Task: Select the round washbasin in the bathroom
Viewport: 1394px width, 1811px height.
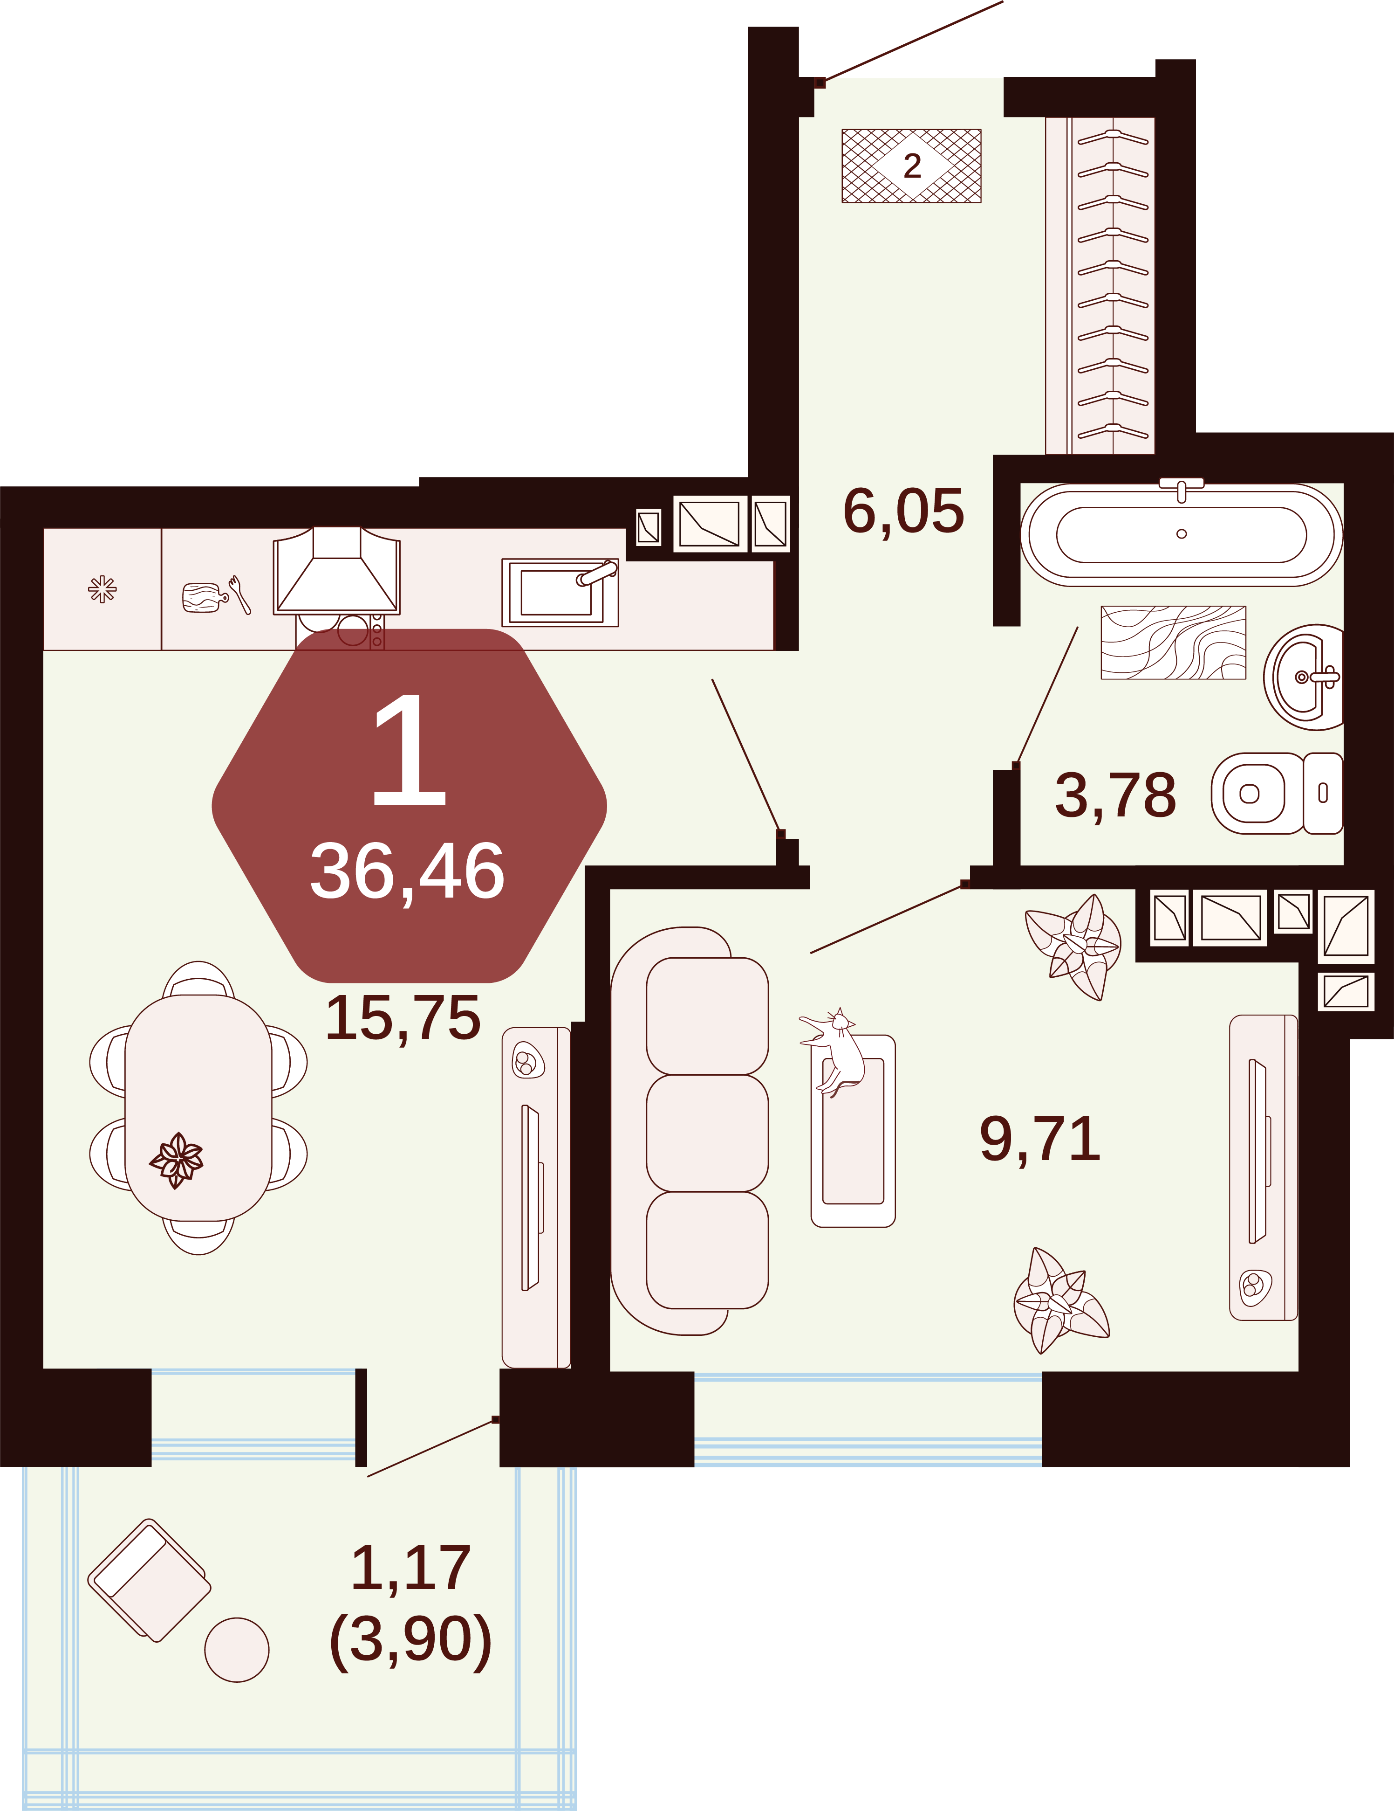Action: (x=1304, y=677)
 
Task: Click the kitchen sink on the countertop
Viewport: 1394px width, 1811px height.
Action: (x=560, y=592)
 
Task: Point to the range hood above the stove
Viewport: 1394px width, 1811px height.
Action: (x=336, y=571)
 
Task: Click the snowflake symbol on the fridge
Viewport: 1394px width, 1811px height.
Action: (x=102, y=589)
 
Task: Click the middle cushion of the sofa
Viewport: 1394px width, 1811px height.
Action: (x=707, y=1133)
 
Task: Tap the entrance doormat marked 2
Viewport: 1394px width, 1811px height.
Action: (x=912, y=166)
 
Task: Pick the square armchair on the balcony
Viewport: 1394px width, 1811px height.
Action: (x=149, y=1581)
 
